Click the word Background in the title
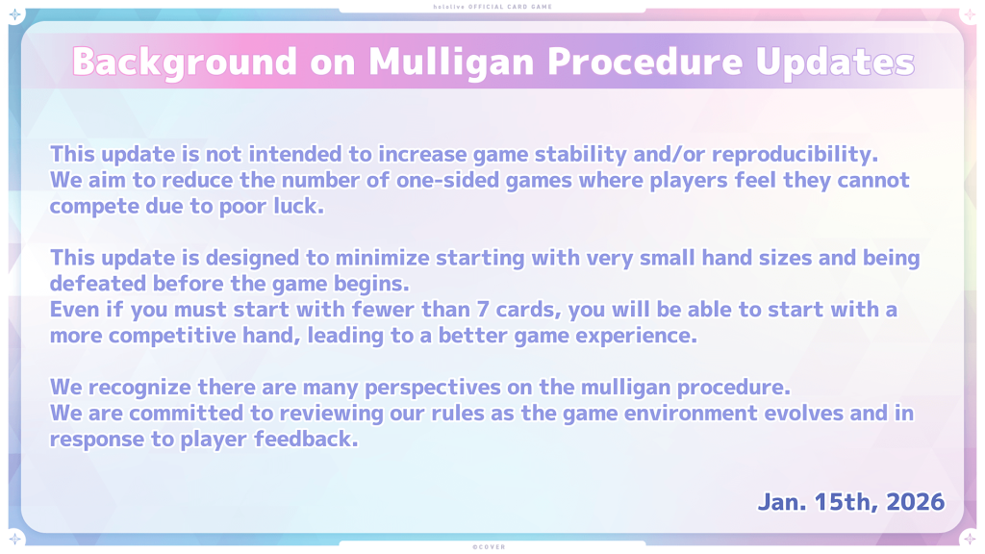[x=185, y=63]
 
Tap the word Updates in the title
[x=835, y=63]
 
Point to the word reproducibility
[x=795, y=155]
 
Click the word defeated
[x=98, y=284]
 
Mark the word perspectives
[x=433, y=388]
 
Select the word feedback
[x=306, y=439]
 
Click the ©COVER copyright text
[x=490, y=547]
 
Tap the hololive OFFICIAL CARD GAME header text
[x=492, y=7]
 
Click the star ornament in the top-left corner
[x=15, y=14]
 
